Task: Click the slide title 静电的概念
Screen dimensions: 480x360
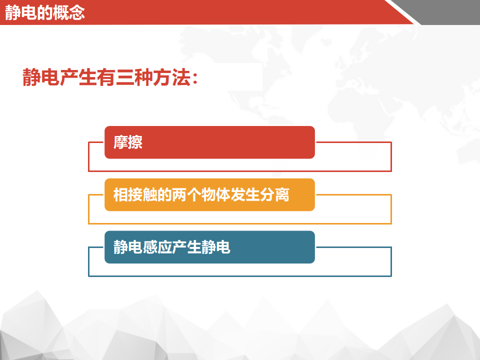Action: click(x=44, y=12)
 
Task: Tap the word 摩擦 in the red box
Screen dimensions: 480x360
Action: click(x=128, y=142)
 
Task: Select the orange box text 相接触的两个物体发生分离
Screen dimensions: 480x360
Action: click(x=201, y=194)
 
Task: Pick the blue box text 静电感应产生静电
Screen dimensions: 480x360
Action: click(x=172, y=247)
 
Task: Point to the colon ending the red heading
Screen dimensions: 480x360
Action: click(x=195, y=78)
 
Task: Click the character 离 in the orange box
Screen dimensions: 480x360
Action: click(x=282, y=194)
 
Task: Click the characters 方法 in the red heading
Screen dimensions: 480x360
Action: click(x=171, y=77)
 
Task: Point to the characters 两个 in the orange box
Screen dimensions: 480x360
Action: click(x=186, y=194)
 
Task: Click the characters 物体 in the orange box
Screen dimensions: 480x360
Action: click(x=216, y=194)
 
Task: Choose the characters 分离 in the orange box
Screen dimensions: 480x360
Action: click(x=275, y=194)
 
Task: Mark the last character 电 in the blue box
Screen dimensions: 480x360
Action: click(x=223, y=247)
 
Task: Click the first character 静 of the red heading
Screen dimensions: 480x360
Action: click(x=31, y=77)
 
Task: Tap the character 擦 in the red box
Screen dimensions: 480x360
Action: click(x=135, y=142)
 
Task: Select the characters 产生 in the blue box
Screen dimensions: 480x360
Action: click(x=186, y=247)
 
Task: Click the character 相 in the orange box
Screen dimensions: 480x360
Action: click(x=120, y=194)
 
